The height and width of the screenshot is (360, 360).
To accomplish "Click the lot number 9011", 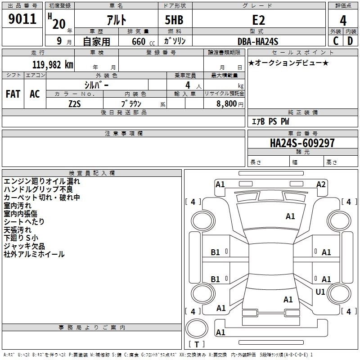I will (23, 19).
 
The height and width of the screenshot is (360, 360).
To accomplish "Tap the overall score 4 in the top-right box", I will (343, 20).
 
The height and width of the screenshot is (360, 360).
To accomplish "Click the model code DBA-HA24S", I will (258, 41).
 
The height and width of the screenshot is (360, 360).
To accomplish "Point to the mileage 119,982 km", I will (53, 65).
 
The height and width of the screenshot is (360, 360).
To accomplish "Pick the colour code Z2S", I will (75, 103).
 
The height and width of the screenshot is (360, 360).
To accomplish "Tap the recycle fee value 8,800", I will (226, 104).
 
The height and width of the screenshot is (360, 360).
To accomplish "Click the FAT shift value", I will (13, 94).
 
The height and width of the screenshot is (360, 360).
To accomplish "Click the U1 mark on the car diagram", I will (320, 292).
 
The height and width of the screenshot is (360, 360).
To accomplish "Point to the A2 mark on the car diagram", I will (321, 184).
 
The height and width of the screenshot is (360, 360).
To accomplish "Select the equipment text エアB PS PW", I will (270, 121).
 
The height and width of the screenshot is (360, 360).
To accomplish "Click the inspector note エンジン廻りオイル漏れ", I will (42, 181).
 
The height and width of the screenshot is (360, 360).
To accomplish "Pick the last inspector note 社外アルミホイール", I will (34, 254).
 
